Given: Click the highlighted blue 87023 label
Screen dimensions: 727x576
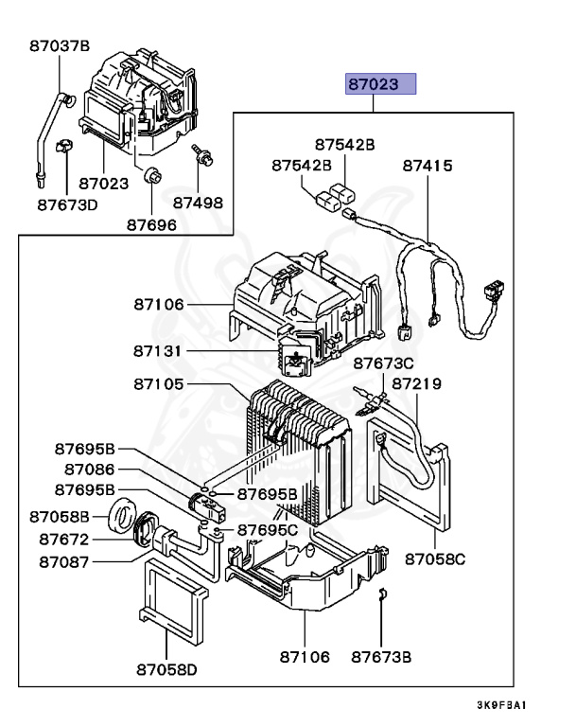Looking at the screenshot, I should click(x=379, y=84).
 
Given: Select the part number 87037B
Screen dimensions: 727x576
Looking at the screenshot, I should click(x=59, y=44).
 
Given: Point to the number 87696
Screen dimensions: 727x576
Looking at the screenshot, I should click(x=151, y=224).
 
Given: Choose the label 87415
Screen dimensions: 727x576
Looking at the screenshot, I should click(x=428, y=166).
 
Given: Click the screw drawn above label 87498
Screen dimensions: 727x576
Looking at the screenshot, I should click(x=201, y=154).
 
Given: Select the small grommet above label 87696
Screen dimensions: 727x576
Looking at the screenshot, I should click(x=149, y=175).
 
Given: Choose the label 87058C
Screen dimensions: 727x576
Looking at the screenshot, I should click(x=435, y=559).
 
